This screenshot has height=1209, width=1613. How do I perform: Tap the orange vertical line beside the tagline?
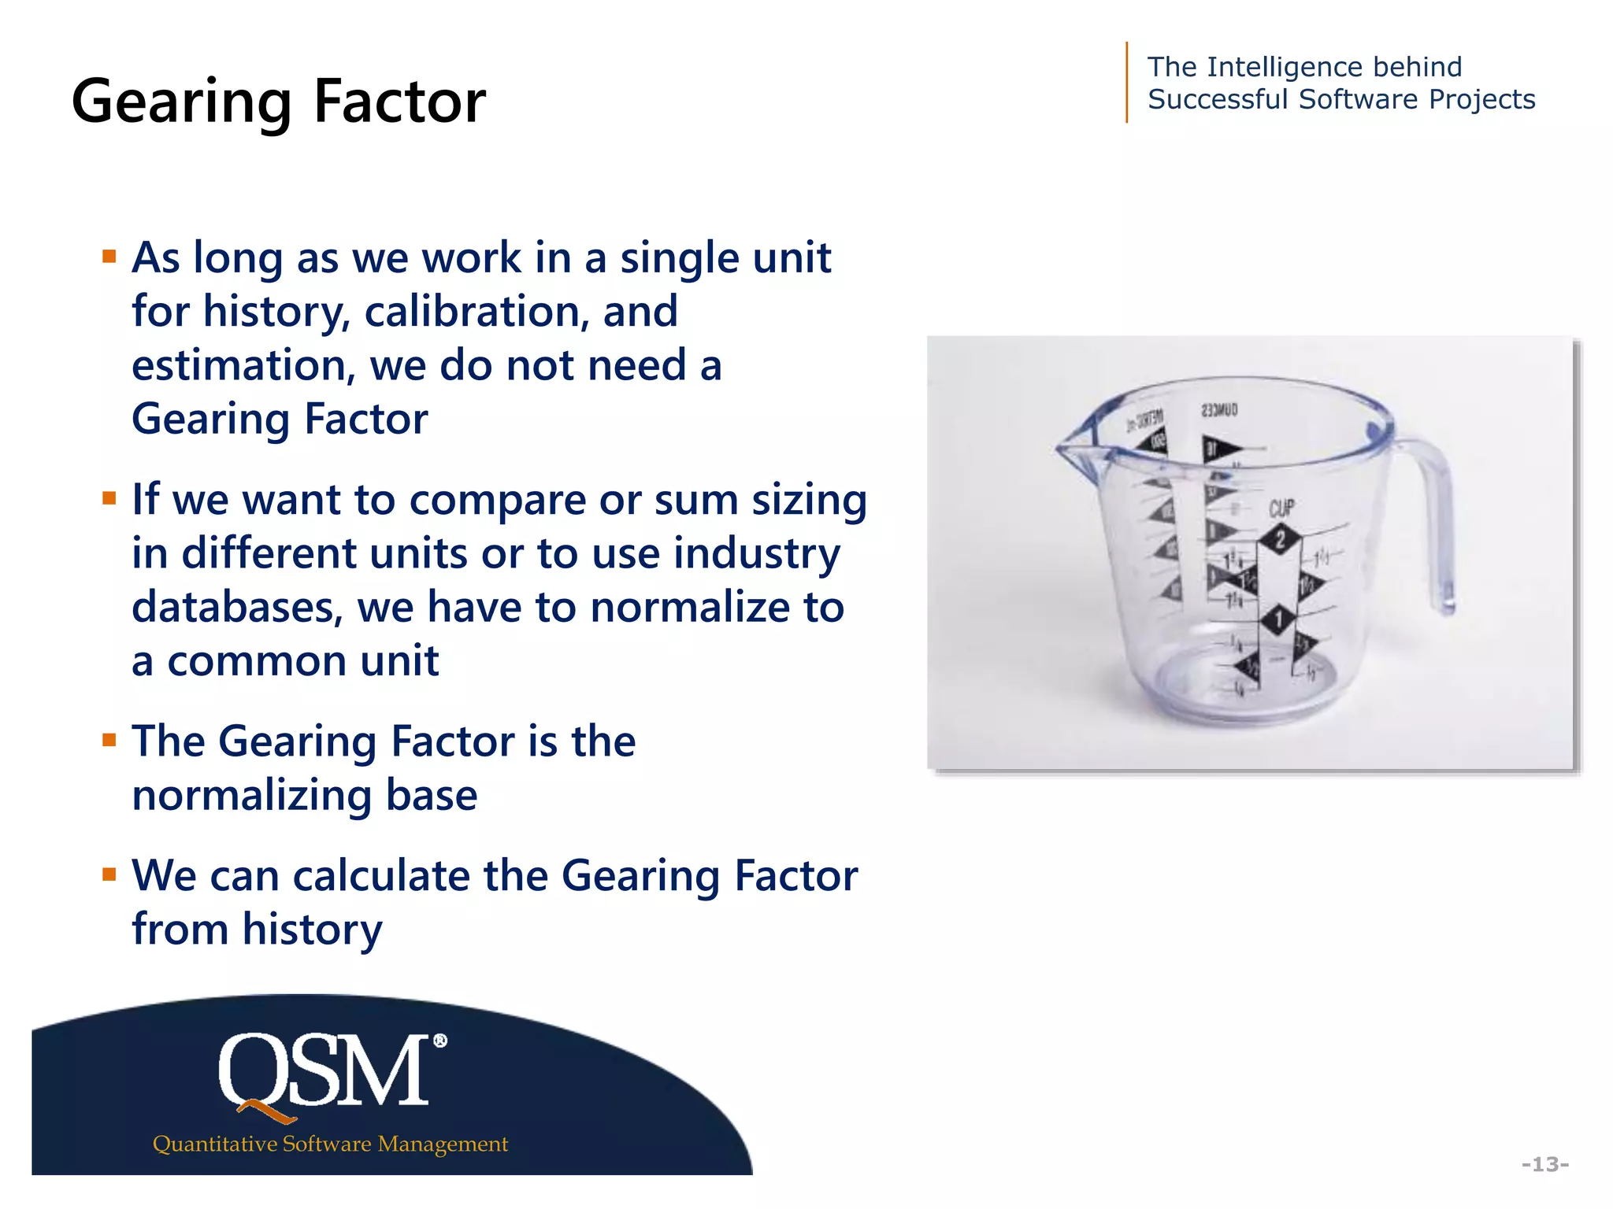1127,83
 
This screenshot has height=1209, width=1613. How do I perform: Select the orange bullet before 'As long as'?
109,256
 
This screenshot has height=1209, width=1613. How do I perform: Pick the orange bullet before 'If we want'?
109,497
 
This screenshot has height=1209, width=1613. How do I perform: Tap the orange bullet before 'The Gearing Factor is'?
109,739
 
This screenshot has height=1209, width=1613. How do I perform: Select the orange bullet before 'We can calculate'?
109,874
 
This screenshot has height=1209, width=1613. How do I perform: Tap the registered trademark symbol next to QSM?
440,1041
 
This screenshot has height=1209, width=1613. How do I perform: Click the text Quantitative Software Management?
330,1144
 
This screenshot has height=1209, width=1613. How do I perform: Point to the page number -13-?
1544,1163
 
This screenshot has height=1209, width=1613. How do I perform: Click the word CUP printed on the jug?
1281,508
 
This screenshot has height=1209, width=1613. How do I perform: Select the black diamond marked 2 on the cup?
1280,540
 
